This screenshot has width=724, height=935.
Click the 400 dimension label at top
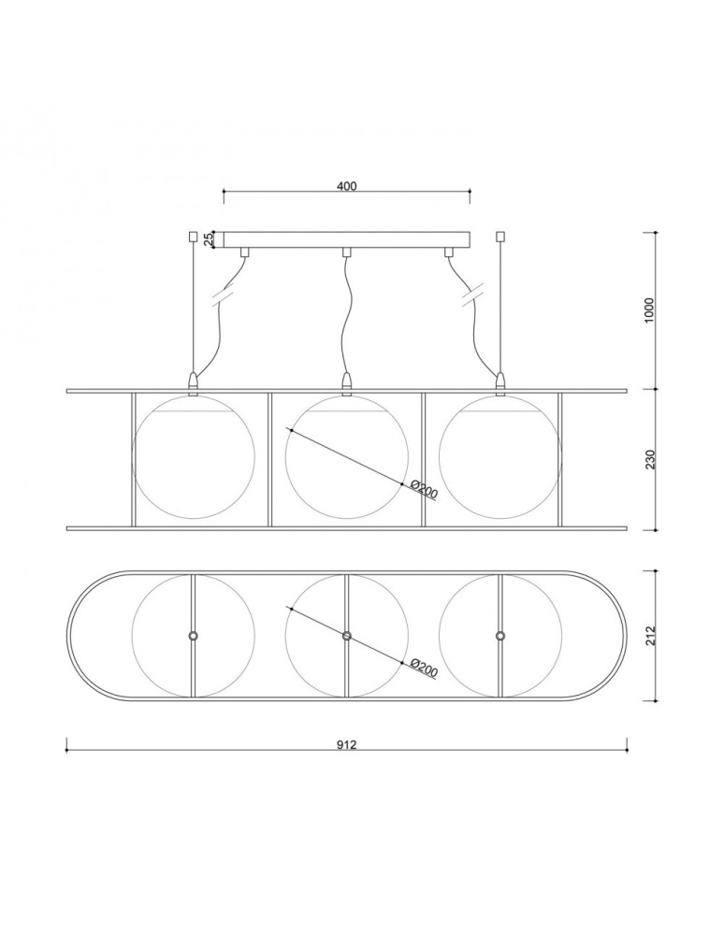pos(346,186)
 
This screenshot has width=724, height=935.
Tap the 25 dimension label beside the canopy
pos(210,239)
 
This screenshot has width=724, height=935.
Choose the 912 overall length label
pos(346,745)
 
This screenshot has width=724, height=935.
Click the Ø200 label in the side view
pos(425,490)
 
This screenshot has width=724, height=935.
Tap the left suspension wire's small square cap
pos(193,237)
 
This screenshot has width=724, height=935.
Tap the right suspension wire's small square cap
pos(500,237)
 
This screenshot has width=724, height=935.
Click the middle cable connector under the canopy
pos(346,252)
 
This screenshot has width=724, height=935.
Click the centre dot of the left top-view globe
pos(193,636)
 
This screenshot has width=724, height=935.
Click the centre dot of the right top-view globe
pos(500,636)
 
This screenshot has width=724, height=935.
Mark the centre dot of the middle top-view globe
pos(346,636)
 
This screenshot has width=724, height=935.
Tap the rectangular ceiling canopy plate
pos(346,239)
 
